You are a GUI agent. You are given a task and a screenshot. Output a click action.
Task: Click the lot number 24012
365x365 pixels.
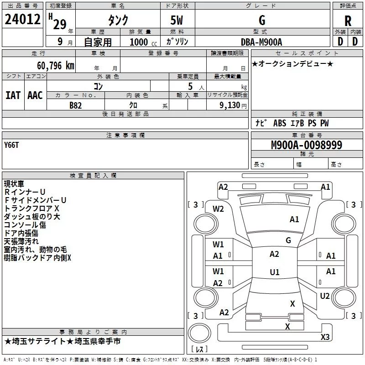point(22,21)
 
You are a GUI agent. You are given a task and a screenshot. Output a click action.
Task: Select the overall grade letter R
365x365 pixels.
point(348,21)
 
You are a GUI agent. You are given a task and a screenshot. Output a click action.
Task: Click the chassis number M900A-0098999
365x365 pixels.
point(307,145)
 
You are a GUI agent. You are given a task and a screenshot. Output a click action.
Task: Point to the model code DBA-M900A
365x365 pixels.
point(261,42)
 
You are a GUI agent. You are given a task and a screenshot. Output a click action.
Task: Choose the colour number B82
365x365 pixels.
point(76,104)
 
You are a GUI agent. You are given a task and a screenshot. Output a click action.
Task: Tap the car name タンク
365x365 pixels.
point(118,21)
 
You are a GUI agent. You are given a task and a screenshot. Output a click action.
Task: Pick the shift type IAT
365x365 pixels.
point(13,95)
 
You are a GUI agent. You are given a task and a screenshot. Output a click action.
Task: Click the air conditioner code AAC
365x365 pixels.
point(35,95)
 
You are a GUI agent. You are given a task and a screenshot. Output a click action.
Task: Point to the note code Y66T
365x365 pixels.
point(12,145)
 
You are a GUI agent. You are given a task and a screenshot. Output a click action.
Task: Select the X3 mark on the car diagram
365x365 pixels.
point(325,337)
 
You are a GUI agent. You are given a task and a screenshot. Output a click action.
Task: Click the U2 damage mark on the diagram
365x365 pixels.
point(324,296)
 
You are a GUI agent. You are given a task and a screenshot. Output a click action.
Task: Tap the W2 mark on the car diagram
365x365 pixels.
point(219,209)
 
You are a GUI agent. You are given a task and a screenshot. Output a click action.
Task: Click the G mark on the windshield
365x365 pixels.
point(288,240)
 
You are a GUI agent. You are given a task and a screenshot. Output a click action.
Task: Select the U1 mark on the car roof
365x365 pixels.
point(274,272)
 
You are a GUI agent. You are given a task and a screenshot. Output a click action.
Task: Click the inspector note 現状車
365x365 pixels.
point(15,183)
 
